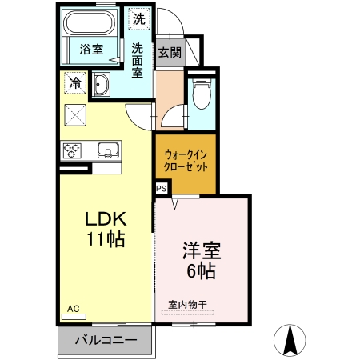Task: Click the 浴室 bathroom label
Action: coord(91,50)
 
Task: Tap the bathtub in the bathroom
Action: coord(92,22)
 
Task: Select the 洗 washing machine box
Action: coord(138,18)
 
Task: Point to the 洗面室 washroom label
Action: coord(138,60)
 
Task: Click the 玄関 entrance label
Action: coord(169,53)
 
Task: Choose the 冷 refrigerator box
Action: coord(74,82)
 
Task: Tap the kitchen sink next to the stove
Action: coord(107,150)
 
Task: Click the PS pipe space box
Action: coord(161,189)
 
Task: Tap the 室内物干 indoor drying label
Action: coord(188,304)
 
